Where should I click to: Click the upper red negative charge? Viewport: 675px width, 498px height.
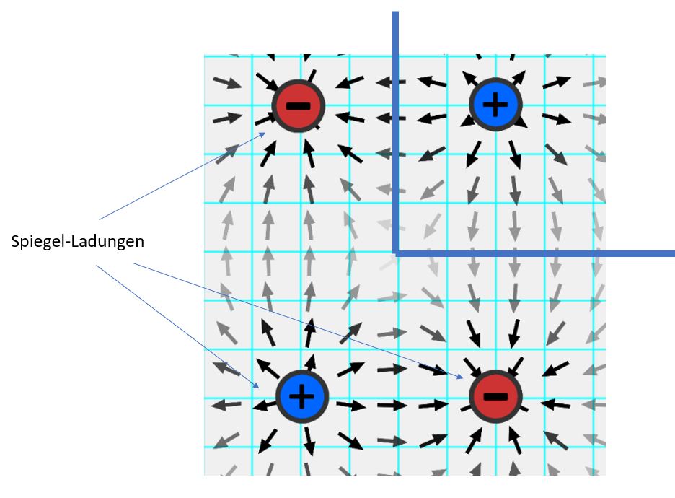(298, 105)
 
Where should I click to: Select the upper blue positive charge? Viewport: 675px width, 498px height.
(495, 104)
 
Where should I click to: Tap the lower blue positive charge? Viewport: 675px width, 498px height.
(302, 396)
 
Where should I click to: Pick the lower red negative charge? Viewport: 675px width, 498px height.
(495, 396)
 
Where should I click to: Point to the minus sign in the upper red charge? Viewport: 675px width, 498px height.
(298, 106)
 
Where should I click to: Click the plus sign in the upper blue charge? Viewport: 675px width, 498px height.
(495, 104)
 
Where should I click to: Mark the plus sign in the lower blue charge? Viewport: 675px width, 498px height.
(301, 396)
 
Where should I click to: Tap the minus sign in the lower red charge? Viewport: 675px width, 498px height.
(495, 396)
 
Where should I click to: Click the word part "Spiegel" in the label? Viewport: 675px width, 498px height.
(38, 242)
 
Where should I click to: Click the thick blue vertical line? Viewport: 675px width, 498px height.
(396, 133)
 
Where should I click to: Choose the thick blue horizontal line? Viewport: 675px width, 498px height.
(534, 254)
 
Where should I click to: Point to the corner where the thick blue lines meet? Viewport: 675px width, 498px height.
(396, 254)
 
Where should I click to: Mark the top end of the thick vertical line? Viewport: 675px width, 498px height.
(396, 12)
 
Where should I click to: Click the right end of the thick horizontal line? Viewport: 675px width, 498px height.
(674, 254)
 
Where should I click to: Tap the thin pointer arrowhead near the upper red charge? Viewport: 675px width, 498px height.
(262, 135)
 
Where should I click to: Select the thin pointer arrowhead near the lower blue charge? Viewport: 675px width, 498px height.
(256, 385)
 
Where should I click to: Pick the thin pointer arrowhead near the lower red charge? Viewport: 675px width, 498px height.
(460, 377)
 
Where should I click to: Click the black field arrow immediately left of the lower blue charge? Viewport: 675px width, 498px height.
(265, 406)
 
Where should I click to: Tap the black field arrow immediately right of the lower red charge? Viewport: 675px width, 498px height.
(555, 404)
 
